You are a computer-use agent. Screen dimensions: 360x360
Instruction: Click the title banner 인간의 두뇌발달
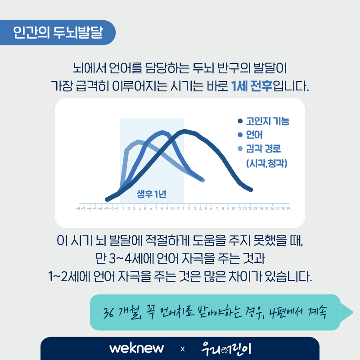[58, 32]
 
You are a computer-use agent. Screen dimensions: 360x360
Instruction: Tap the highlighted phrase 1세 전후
[252, 86]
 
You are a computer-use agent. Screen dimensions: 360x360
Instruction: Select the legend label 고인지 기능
[268, 121]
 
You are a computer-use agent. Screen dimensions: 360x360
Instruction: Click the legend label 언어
[254, 135]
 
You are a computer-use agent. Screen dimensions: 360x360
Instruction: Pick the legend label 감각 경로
[263, 148]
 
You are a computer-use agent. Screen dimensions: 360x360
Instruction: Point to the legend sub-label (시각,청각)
[266, 163]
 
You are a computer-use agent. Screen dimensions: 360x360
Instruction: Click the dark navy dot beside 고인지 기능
[240, 121]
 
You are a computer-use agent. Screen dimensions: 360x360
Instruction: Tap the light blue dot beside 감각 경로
[240, 148]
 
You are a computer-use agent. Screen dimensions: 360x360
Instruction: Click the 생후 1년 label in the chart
[152, 194]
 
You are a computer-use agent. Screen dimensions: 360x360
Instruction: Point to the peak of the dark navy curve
[184, 131]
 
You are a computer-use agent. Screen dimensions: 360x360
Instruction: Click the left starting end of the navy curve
[107, 199]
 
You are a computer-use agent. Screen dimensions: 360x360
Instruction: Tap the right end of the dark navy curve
[251, 190]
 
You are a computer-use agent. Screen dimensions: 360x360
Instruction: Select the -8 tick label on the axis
[78, 209]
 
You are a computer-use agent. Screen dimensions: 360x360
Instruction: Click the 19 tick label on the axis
[288, 209]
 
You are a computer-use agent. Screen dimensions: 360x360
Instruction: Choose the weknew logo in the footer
[137, 348]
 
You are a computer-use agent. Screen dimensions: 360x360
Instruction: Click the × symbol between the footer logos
[183, 349]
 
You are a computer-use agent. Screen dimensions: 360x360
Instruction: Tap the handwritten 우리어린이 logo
[226, 349]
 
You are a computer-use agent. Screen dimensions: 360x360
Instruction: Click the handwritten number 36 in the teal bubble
[108, 312]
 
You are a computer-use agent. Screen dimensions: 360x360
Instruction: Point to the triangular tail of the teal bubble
[346, 312]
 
